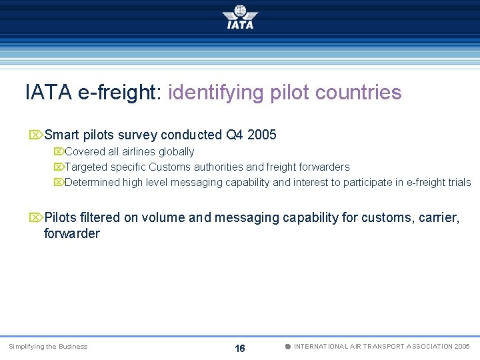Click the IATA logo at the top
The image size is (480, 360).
[x=240, y=17]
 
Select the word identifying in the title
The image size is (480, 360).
[x=217, y=92]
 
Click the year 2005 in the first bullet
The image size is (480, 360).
[x=261, y=135]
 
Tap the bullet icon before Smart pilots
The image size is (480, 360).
[x=35, y=135]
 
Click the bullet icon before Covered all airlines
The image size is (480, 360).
[x=59, y=152]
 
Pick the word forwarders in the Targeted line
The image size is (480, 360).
[x=323, y=167]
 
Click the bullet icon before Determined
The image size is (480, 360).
[x=59, y=183]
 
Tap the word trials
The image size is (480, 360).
[x=459, y=183]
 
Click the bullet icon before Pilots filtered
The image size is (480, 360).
[x=35, y=217]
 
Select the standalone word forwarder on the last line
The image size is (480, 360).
[x=71, y=233]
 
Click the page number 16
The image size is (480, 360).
[x=240, y=348]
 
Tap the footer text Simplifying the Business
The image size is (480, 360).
[x=48, y=347]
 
